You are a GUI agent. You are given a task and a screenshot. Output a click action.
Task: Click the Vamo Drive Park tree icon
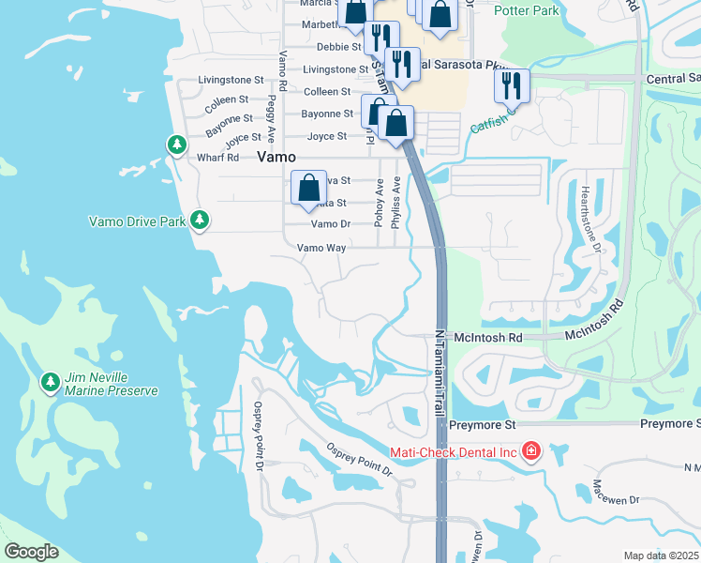click(199, 220)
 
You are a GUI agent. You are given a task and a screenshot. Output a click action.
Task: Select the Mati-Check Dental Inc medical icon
click(531, 451)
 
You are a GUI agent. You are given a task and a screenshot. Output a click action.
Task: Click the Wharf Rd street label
click(218, 158)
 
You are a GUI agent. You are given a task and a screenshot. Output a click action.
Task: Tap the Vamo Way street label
click(321, 248)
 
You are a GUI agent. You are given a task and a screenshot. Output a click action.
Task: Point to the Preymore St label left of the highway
click(483, 425)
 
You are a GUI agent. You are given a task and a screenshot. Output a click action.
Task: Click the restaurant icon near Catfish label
click(512, 87)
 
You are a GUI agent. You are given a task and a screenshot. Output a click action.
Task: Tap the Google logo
click(31, 552)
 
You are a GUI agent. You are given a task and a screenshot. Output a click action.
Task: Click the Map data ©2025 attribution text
click(661, 555)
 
